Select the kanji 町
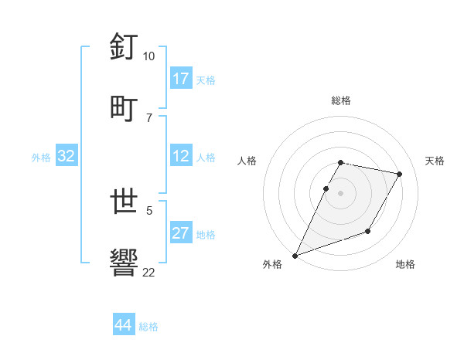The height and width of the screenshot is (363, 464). coord(125,107)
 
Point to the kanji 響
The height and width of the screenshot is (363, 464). coord(125,262)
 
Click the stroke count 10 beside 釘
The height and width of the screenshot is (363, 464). coord(149,56)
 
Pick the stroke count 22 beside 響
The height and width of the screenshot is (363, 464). coord(149,272)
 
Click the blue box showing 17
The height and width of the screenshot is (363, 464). coord(181,79)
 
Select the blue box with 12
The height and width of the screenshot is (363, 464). coord(181,156)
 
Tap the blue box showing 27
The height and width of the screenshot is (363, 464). coord(181,233)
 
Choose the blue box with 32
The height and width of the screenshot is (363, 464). coord(67,156)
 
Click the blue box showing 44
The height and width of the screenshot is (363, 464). coord(123,325)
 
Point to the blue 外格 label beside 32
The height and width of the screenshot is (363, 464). coord(41,157)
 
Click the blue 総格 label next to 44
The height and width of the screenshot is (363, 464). coord(148,327)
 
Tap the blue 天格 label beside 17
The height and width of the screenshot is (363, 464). coord(206,80)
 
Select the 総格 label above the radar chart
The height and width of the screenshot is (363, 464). coord(341,100)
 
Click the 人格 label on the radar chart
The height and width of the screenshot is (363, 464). coord(247,161)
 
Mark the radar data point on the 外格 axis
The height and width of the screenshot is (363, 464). coord(295,255)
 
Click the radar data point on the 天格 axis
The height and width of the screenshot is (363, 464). coord(399,175)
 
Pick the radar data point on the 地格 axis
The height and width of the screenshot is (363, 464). coord(368,231)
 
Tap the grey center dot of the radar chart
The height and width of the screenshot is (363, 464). coord(341,193)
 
